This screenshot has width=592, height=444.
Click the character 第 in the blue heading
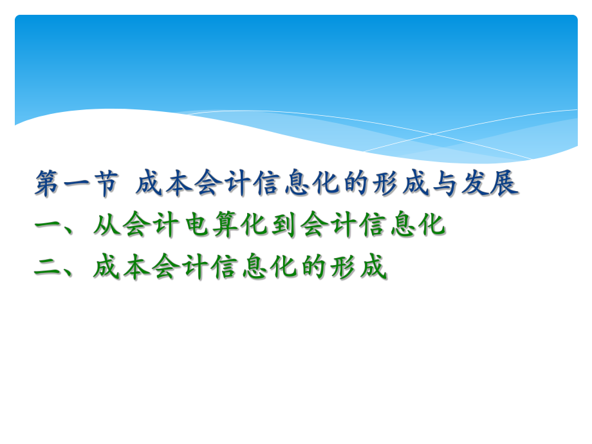[47, 184]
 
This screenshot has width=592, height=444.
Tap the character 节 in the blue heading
[105, 184]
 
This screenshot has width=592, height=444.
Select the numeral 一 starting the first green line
[47, 225]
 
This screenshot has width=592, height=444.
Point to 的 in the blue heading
[354, 184]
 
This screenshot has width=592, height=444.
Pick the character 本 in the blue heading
[179, 184]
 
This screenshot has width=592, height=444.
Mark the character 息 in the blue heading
[295, 184]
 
